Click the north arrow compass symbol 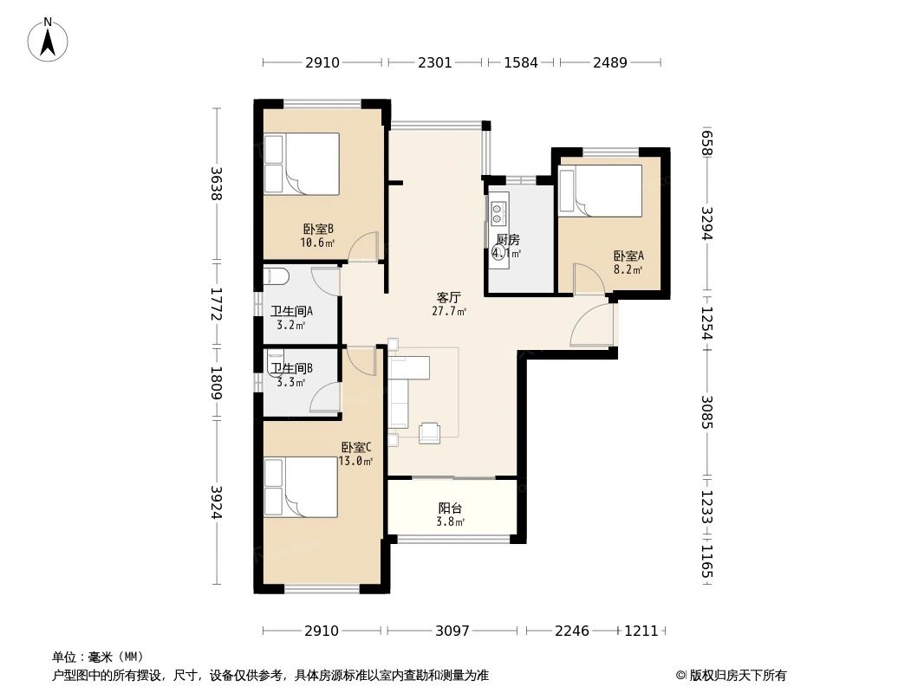click(x=49, y=39)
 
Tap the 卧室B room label click(x=318, y=229)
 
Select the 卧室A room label click(x=628, y=256)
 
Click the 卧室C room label click(x=356, y=447)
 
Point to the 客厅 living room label click(x=448, y=296)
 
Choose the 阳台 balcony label click(x=450, y=508)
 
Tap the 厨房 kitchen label click(x=508, y=240)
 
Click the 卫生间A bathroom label click(x=291, y=311)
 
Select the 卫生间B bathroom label click(x=291, y=368)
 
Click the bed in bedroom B click(x=302, y=164)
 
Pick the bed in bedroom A click(x=600, y=191)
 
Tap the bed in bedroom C click(x=301, y=489)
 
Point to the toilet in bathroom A click(x=276, y=277)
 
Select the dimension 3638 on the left click(x=216, y=184)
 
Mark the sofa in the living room click(x=399, y=391)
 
